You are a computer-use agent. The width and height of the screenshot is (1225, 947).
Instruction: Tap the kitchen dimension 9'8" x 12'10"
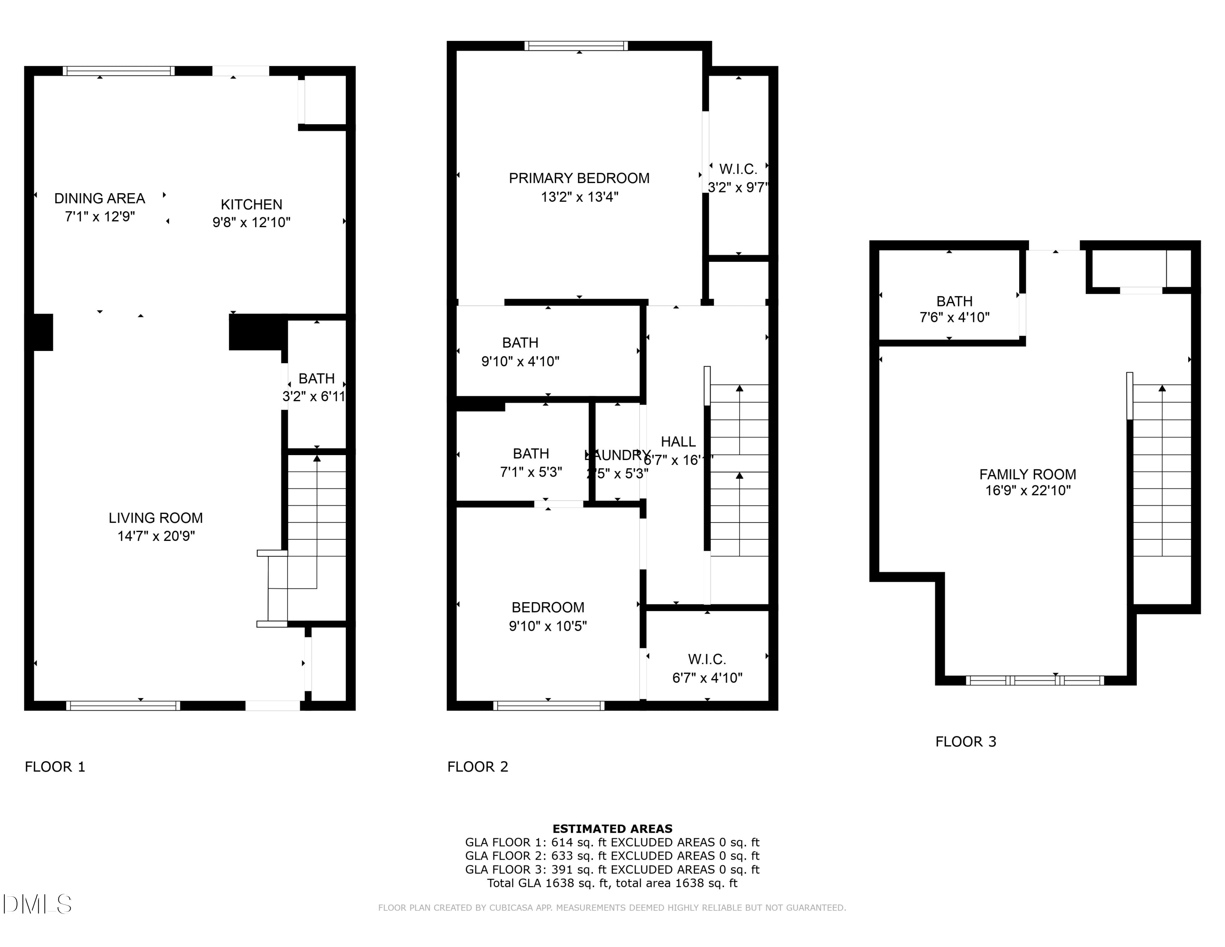click(251, 223)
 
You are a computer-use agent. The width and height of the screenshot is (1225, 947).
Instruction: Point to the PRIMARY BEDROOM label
click(579, 179)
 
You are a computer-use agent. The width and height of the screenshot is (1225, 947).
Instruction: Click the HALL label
click(678, 442)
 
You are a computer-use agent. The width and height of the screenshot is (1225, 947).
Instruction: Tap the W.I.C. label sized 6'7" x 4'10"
click(707, 659)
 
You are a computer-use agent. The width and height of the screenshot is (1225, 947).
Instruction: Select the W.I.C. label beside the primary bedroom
click(738, 169)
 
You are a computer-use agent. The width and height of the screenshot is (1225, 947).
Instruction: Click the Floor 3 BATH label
click(954, 301)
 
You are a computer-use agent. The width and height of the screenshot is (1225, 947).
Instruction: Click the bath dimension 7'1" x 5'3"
click(530, 472)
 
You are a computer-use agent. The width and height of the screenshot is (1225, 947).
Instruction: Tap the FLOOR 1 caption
click(55, 767)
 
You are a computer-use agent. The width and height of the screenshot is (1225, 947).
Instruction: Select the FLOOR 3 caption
click(965, 742)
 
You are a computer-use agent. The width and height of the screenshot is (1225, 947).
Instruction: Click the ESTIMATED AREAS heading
click(612, 829)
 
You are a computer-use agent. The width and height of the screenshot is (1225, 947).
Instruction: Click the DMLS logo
click(37, 904)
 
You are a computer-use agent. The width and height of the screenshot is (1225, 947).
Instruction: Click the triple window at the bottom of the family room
click(1034, 681)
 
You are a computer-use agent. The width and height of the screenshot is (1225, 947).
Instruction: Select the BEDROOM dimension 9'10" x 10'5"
click(548, 626)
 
